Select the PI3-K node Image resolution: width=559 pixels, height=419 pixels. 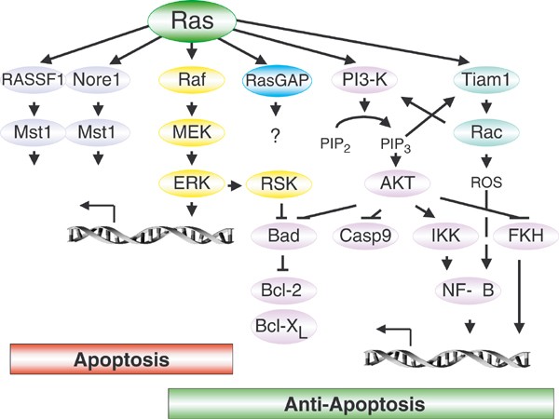point(360,80)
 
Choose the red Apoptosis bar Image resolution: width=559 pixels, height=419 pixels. point(120,358)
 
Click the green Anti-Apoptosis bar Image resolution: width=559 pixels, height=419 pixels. point(357,404)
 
